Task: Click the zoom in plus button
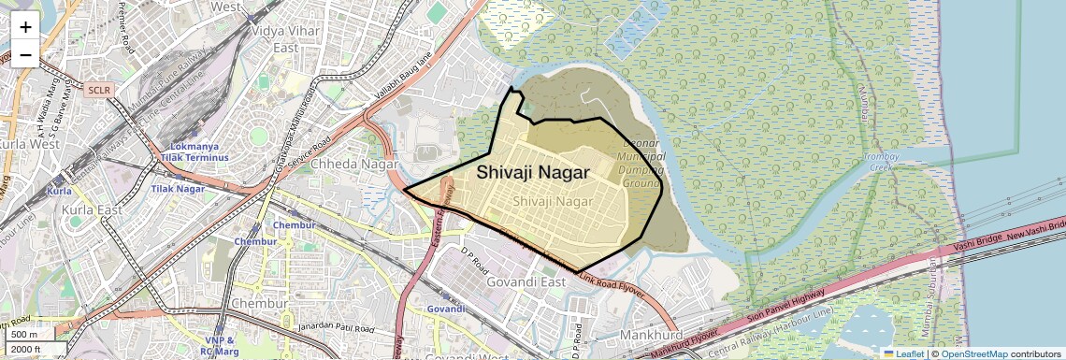[x=25, y=27]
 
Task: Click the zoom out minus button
[x=25, y=54]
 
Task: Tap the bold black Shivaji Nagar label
[x=533, y=172]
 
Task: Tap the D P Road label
[x=474, y=258]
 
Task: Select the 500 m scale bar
[x=25, y=335]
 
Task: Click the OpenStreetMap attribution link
[x=973, y=353]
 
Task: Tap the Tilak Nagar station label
[x=178, y=189]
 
